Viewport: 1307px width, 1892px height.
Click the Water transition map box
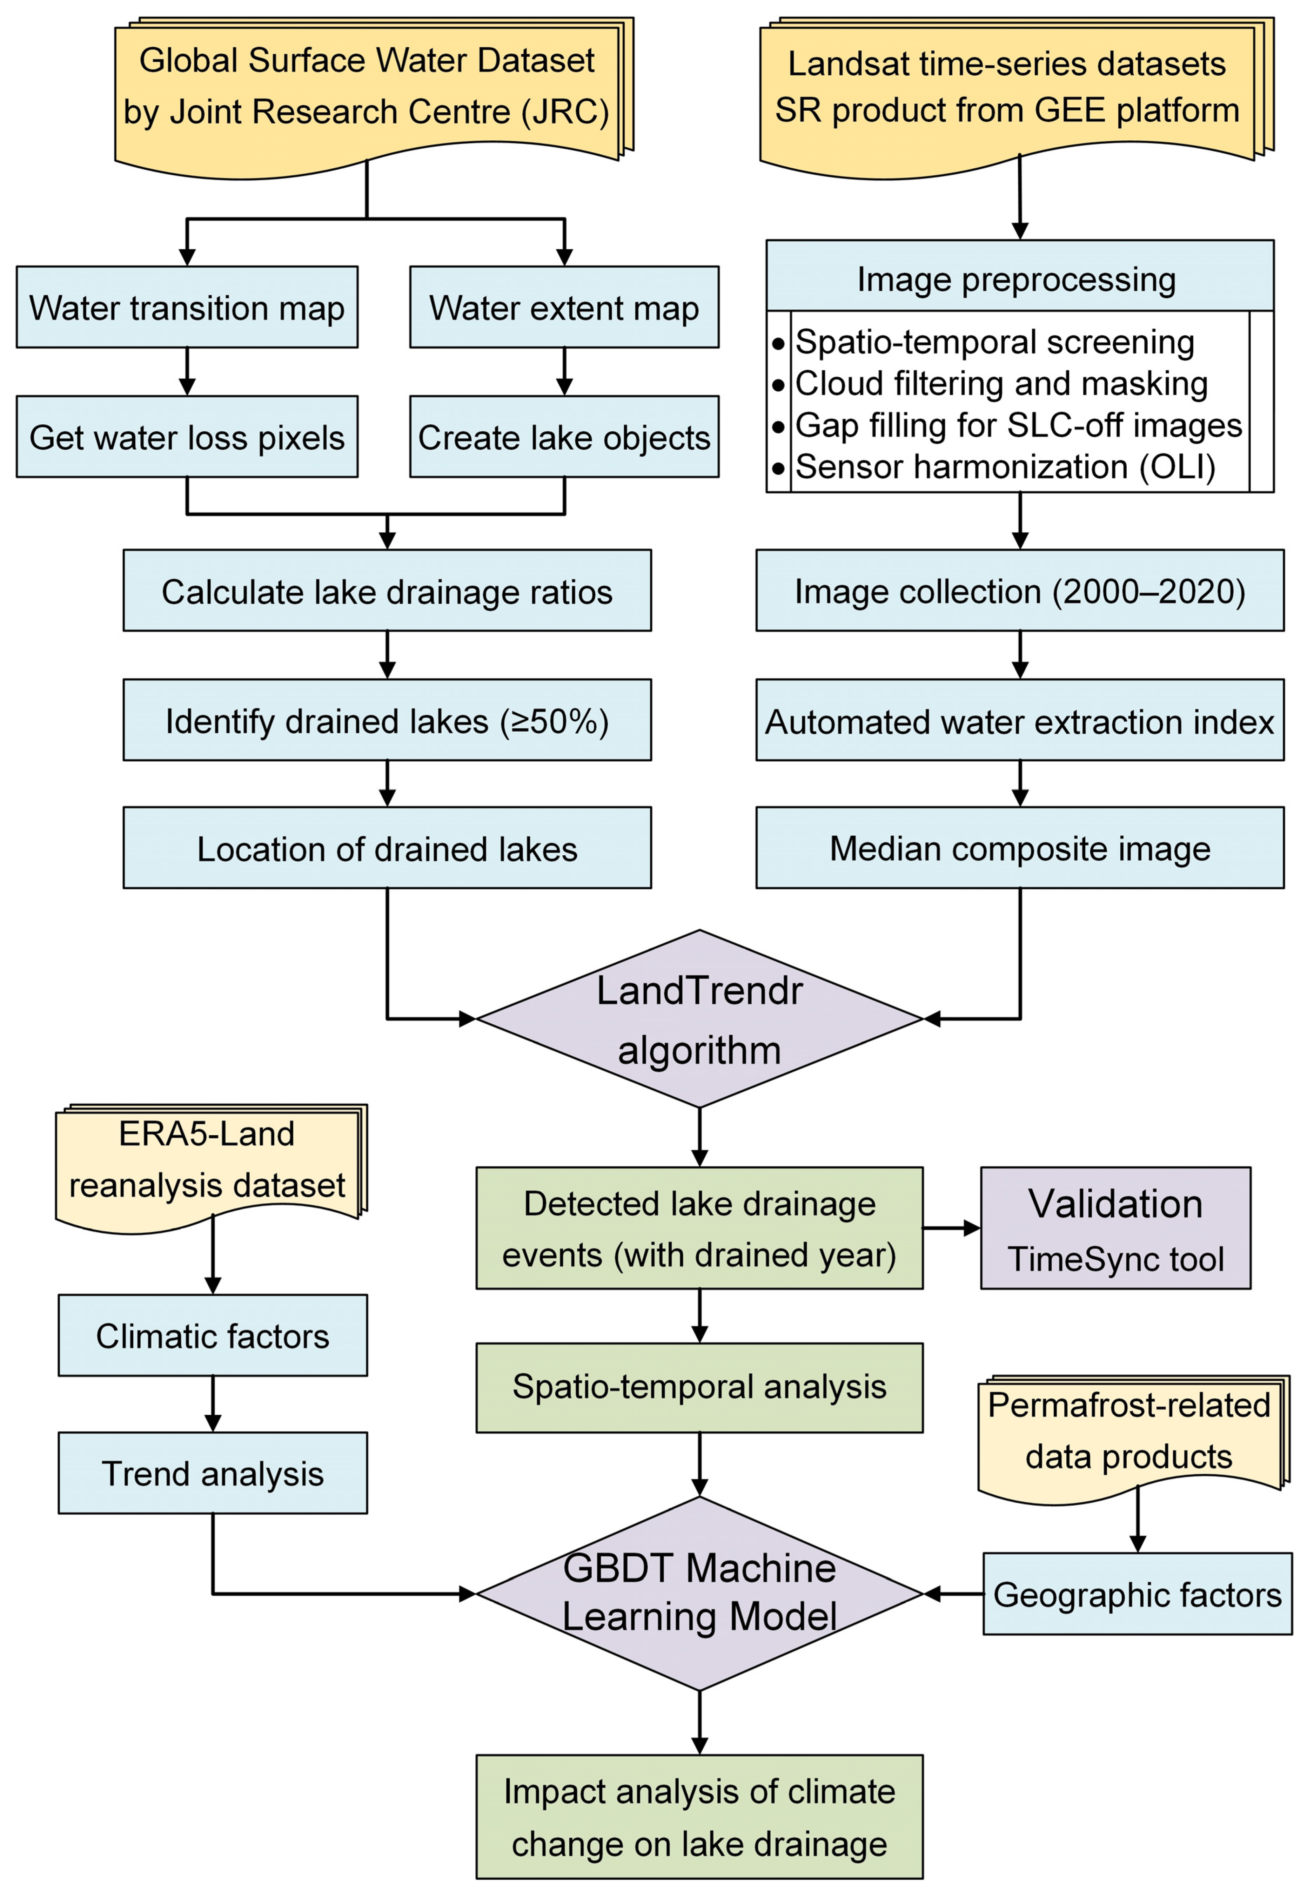click(187, 307)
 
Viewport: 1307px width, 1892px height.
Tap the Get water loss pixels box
click(187, 437)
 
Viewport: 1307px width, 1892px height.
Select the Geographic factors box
click(1137, 1594)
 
